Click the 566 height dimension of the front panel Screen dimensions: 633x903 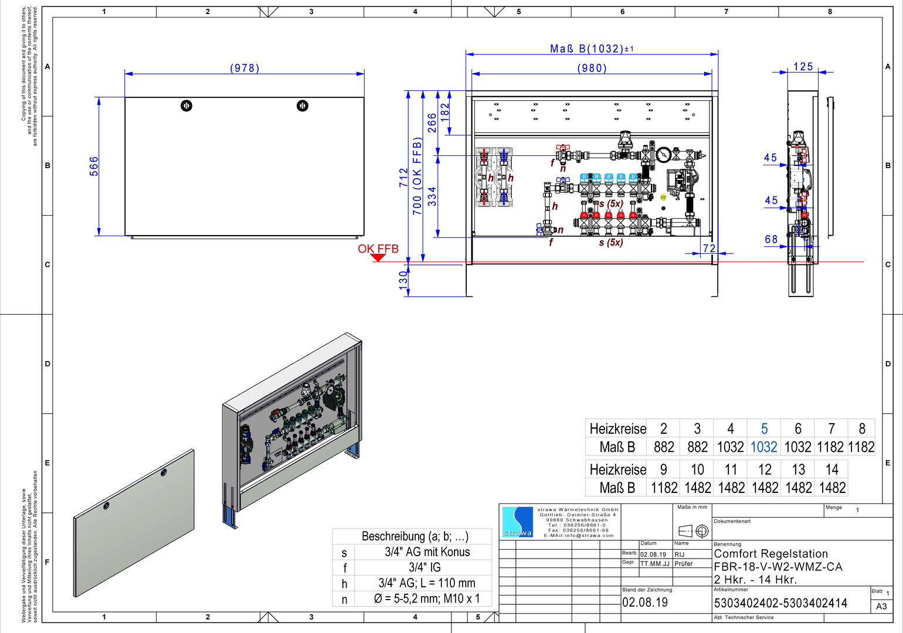[x=94, y=166]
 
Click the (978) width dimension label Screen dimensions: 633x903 [x=245, y=68]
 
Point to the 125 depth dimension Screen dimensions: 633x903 [x=803, y=67]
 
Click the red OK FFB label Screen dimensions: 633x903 [x=378, y=249]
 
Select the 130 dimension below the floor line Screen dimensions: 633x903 [x=403, y=278]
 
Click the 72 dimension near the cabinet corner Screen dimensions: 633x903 [x=709, y=249]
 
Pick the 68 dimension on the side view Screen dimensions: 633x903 [x=771, y=239]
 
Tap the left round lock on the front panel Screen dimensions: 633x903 [x=186, y=105]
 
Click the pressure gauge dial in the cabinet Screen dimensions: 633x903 [x=664, y=155]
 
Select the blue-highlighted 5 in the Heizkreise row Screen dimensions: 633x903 [x=764, y=428]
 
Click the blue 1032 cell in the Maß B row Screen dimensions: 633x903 [x=764, y=447]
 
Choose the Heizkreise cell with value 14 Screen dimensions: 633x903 [x=831, y=469]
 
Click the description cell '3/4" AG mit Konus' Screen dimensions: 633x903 [x=427, y=552]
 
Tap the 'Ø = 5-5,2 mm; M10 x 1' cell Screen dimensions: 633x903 [x=427, y=598]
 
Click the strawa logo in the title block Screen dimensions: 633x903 [x=517, y=522]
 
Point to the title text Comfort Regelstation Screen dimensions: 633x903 [x=770, y=554]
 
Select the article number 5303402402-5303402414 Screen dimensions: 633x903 [x=780, y=603]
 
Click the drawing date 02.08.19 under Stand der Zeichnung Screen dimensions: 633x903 [x=645, y=603]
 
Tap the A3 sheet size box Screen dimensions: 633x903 [x=881, y=606]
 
